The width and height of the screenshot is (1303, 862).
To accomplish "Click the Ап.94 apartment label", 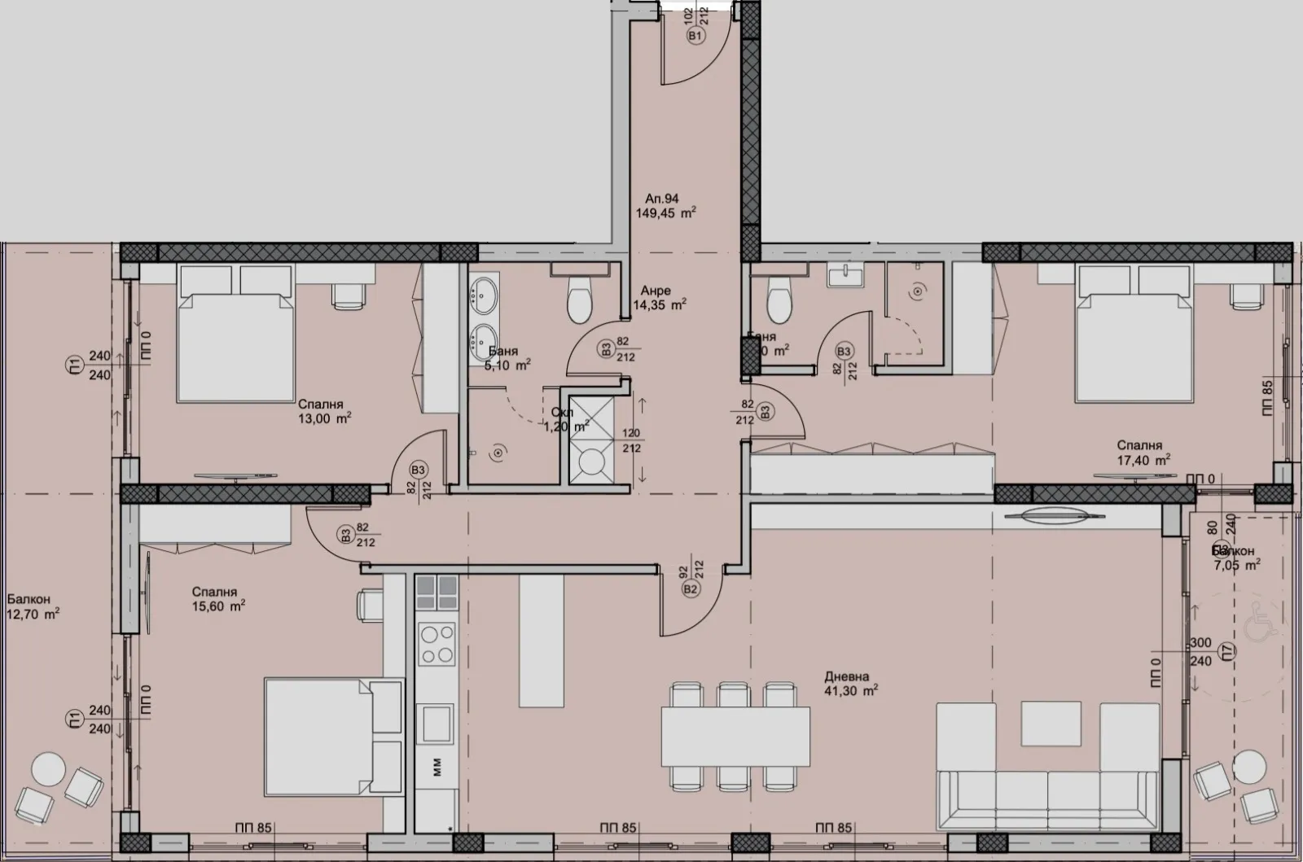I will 661,198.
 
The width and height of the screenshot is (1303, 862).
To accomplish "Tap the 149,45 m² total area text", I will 665,214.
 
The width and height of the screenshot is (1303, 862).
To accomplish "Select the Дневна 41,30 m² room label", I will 850,684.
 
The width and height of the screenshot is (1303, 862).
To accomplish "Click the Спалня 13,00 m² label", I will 324,411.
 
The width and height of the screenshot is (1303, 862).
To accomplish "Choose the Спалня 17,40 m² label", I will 1143,452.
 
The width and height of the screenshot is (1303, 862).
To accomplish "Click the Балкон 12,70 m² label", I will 33,606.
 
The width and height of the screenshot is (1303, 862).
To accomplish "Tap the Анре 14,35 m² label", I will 659,298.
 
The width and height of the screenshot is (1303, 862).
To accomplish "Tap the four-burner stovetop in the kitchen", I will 436,644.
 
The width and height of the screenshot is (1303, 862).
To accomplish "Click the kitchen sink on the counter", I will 436,721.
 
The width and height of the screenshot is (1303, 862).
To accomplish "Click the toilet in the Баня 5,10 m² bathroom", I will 580,300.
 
